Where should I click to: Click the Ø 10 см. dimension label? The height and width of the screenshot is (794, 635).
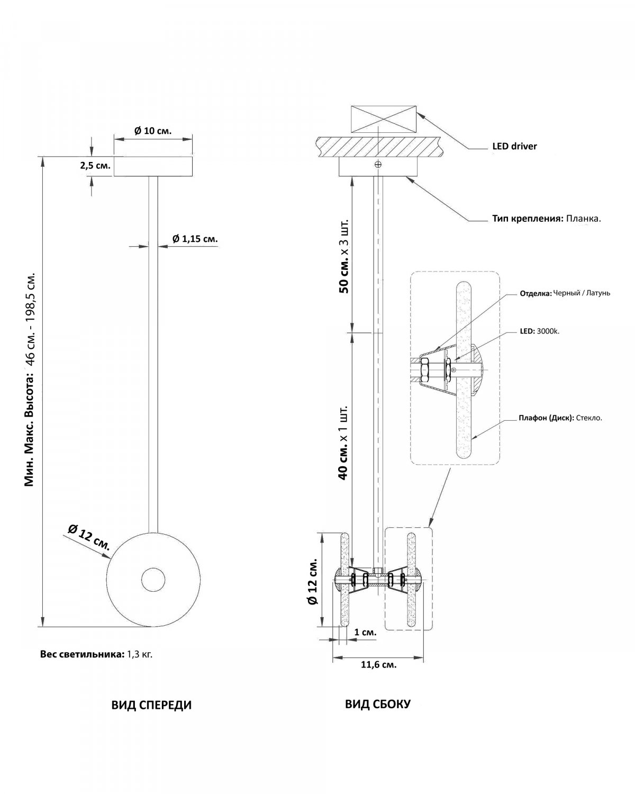[153, 131]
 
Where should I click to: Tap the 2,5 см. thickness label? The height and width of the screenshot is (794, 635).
[95, 166]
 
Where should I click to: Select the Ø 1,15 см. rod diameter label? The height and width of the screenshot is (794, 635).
[195, 239]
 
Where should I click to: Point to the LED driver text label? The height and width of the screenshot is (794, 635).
[514, 146]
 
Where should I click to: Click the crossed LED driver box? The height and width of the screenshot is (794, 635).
[383, 119]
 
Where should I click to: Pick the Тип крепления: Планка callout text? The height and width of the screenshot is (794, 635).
[547, 219]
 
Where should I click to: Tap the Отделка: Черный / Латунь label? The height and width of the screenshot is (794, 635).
[565, 293]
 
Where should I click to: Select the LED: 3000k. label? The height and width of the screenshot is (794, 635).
[539, 331]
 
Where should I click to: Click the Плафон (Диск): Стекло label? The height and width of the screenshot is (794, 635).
[560, 418]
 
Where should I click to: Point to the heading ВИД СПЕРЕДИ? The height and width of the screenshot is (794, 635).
[152, 705]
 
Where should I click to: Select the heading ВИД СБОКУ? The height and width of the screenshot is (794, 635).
[378, 704]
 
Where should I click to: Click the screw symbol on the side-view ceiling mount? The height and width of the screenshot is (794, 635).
[378, 165]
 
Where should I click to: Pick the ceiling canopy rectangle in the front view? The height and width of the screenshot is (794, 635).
[153, 166]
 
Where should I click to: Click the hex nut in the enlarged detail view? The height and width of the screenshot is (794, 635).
[424, 369]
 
